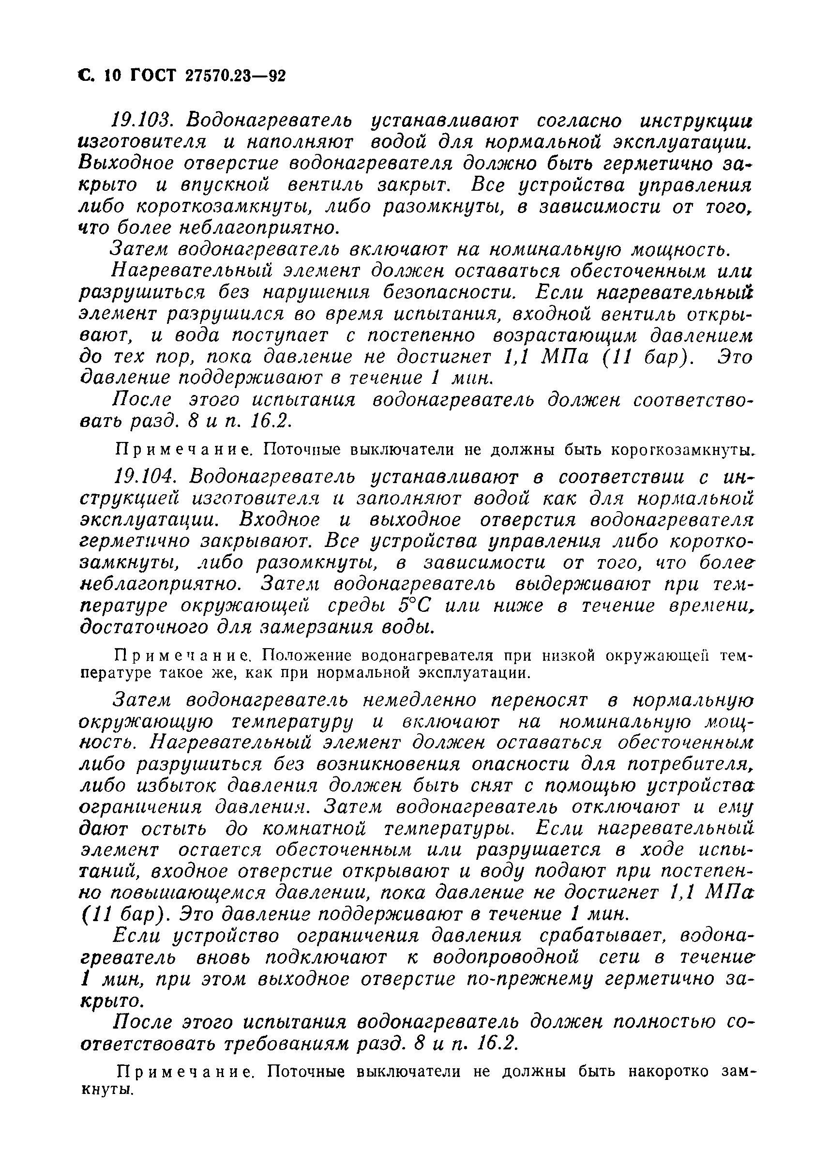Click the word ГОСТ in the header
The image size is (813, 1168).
(x=153, y=76)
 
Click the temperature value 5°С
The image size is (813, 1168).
(x=415, y=606)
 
